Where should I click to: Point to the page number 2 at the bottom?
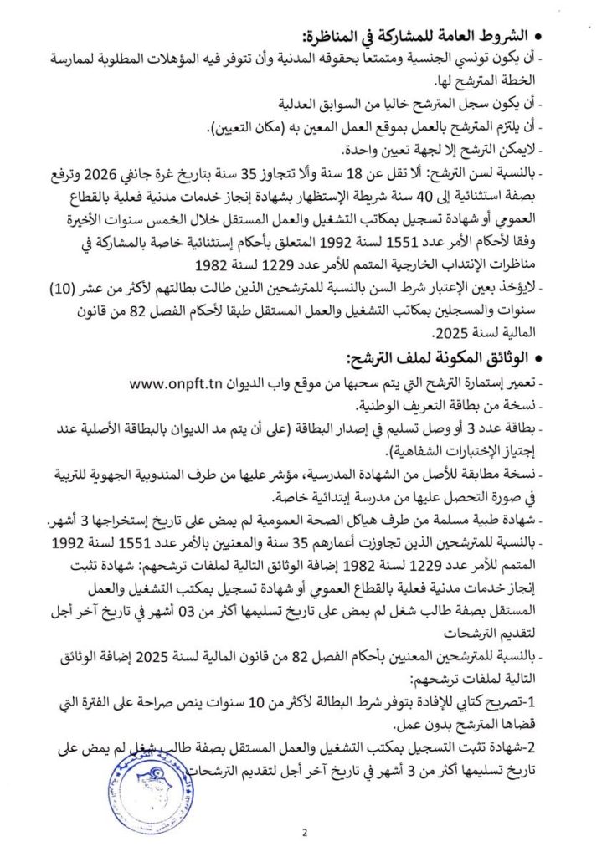[x=304, y=832]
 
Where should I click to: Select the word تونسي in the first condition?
[x=491, y=59]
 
